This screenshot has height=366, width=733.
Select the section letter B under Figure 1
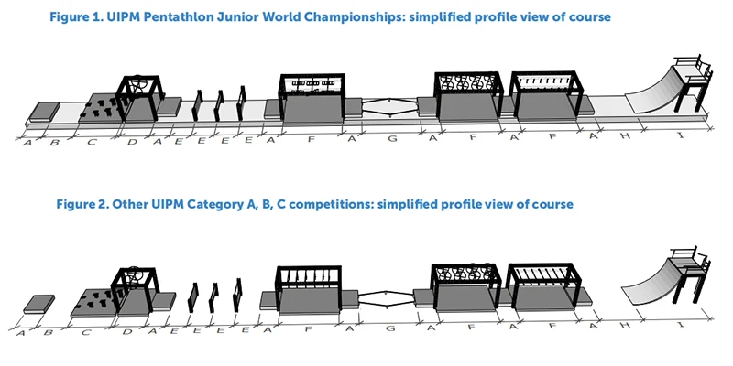coord(54,143)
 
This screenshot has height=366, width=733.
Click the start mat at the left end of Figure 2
coord(38,303)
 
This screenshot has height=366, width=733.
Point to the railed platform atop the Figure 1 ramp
coord(690,69)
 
